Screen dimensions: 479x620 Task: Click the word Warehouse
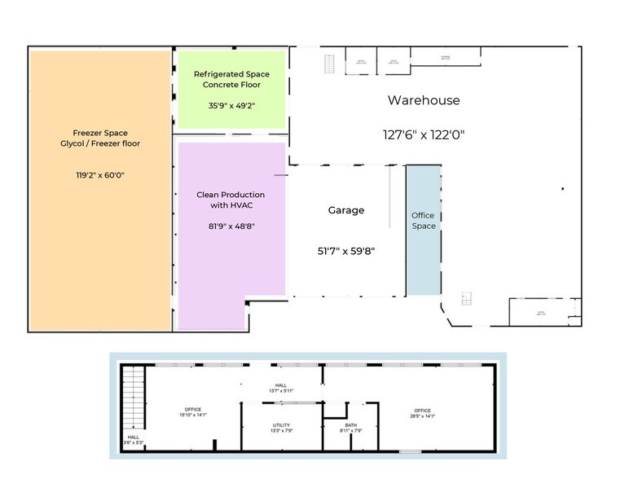coord(423,100)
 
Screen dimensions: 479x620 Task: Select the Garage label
coord(346,210)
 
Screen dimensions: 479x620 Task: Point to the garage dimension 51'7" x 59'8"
coord(346,251)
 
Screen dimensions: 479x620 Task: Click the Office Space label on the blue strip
coord(424,220)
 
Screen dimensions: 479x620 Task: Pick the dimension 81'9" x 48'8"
coord(231,226)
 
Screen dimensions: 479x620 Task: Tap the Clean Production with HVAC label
coord(231,200)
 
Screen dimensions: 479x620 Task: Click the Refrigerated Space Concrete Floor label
coord(231,79)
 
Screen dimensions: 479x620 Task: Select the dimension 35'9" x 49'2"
coord(231,105)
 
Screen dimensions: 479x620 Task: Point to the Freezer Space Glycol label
coord(100,138)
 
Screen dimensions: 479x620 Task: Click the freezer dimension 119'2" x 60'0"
coord(100,174)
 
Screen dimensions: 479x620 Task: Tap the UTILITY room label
coord(281,428)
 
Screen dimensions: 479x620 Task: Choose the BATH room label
coord(351,428)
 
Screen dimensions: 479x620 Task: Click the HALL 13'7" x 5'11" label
coord(280,388)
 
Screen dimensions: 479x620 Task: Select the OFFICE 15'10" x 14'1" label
coord(193,412)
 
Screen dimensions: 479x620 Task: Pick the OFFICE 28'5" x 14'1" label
coord(422,412)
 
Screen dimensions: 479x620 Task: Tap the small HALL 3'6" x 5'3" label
coord(133,441)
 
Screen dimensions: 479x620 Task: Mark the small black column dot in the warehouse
coord(562,189)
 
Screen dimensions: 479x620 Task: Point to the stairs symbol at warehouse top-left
coord(330,63)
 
